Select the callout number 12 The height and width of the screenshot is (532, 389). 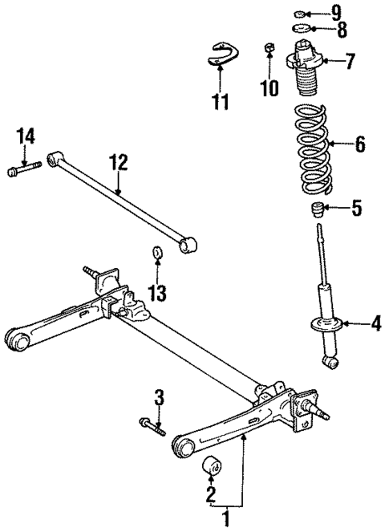coord(118,163)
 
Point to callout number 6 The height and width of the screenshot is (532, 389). coord(359,144)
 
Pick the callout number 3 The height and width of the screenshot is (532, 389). coord(159,396)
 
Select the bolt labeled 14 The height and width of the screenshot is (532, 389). coord(23,170)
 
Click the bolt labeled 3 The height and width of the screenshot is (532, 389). coord(152,427)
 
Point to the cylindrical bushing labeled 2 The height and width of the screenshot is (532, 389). coord(212,465)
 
